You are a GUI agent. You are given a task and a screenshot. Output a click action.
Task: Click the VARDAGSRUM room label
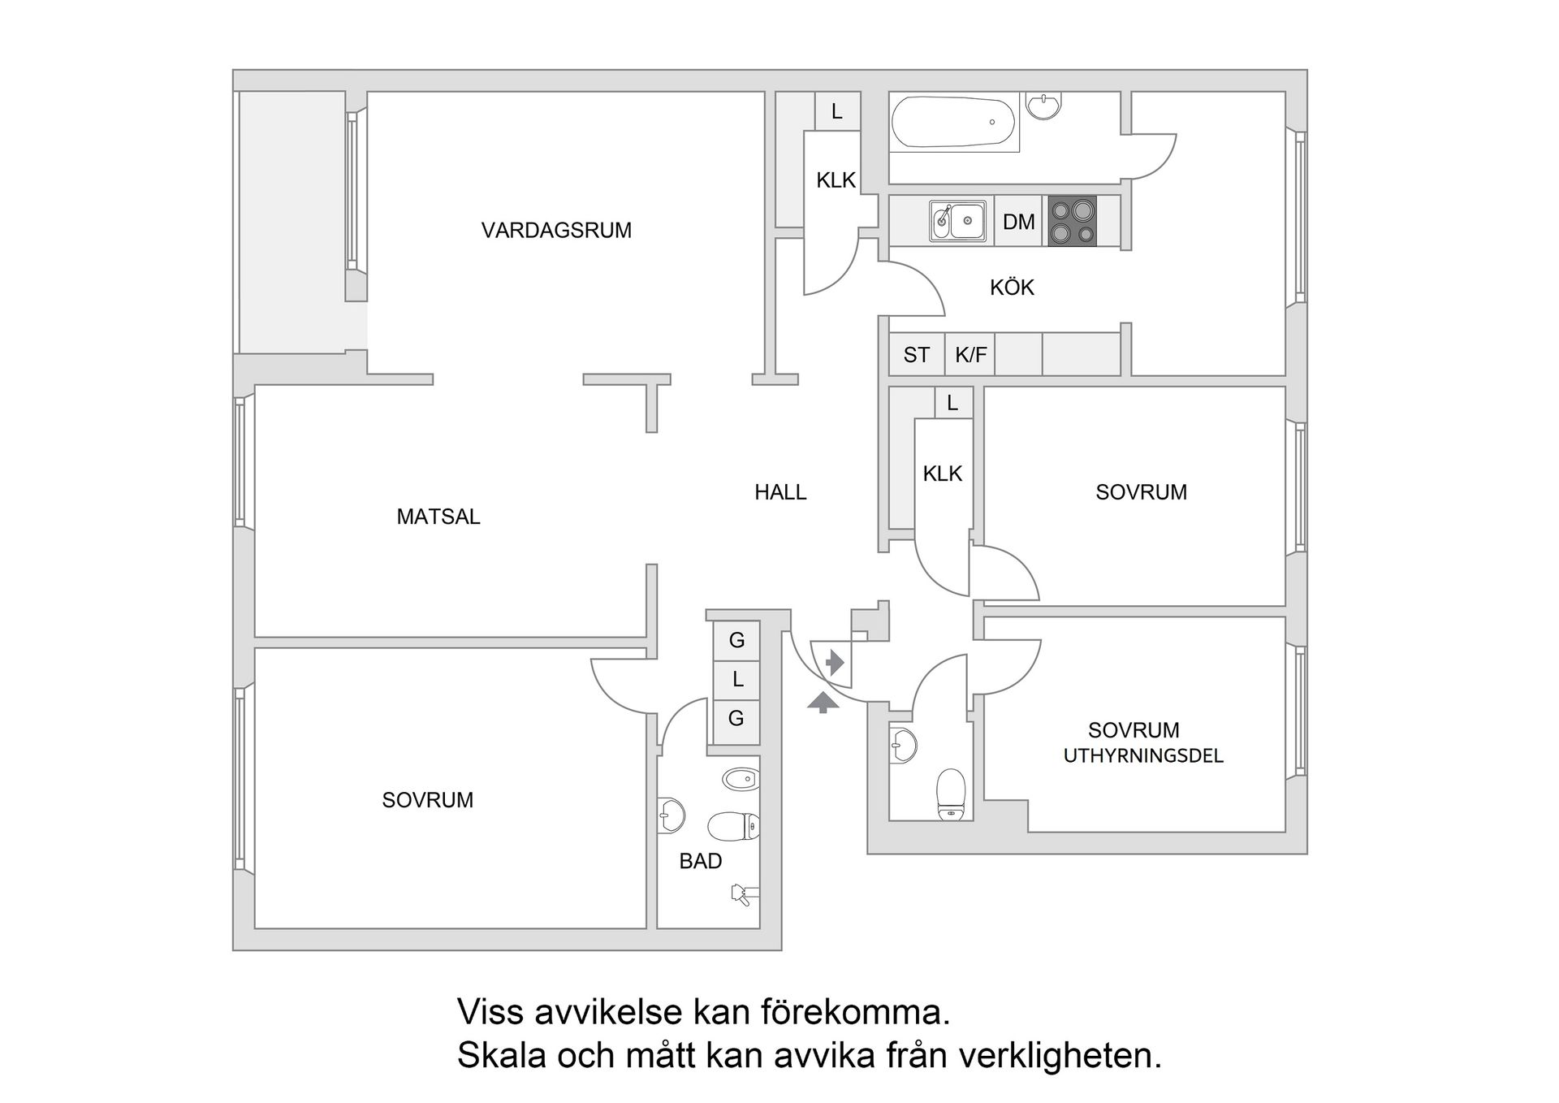(x=556, y=231)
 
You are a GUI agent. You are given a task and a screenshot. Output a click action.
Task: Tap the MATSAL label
(x=438, y=517)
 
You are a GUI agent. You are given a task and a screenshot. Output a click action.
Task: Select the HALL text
(x=780, y=492)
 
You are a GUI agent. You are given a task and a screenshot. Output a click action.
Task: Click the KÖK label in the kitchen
(x=1012, y=288)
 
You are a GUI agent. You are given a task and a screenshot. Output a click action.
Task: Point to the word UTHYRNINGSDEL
(x=1142, y=756)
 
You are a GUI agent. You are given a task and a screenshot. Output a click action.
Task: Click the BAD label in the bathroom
(x=700, y=861)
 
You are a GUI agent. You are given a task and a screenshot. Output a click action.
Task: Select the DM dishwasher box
(x=1019, y=222)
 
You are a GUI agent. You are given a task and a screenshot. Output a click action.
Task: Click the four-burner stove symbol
(x=1072, y=221)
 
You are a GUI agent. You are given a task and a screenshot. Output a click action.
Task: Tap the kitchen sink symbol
(x=958, y=221)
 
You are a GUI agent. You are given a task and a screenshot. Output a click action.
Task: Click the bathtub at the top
(x=953, y=122)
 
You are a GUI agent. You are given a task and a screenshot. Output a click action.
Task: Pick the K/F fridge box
(x=970, y=355)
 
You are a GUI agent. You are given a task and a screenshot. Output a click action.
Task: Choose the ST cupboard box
(x=916, y=355)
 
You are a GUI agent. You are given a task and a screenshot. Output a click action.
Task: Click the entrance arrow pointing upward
(x=823, y=702)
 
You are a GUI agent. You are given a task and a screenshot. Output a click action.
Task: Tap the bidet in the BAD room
(x=740, y=779)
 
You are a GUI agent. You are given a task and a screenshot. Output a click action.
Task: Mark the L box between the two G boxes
(x=736, y=679)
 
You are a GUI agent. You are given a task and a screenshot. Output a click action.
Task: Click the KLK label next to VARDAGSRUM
(x=836, y=180)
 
